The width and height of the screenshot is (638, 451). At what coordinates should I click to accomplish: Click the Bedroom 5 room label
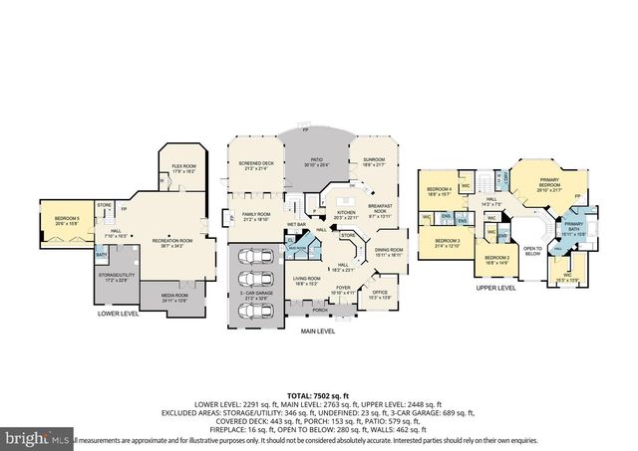[x=67, y=219]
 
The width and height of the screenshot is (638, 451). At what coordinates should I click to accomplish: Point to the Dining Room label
[x=389, y=252]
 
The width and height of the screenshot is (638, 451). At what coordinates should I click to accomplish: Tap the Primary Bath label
[x=574, y=227]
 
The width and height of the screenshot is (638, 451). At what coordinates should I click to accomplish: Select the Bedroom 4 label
[x=440, y=191]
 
